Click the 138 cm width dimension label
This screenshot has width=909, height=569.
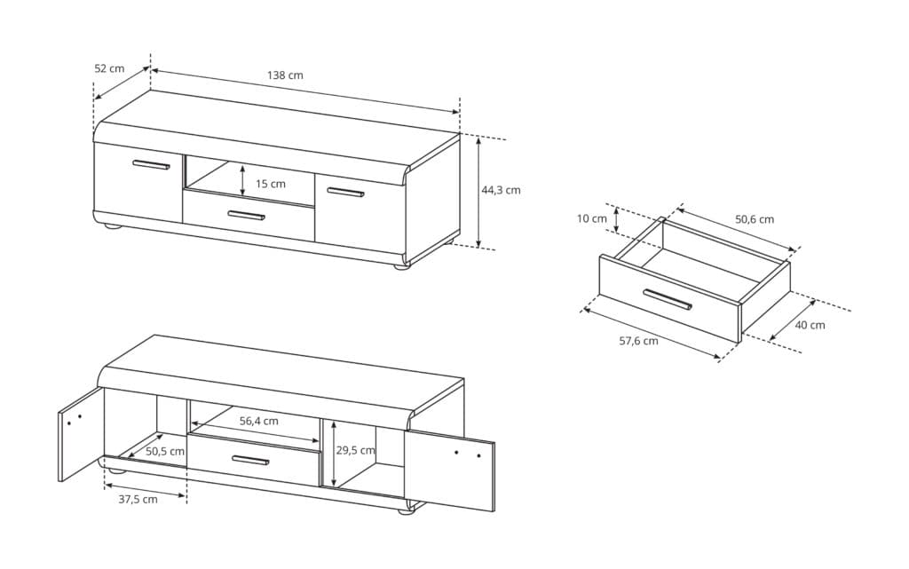click(x=285, y=75)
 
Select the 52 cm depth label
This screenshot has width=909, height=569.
click(x=109, y=68)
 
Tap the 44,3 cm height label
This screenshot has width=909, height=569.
click(x=501, y=189)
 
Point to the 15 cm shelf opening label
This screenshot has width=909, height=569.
click(x=271, y=184)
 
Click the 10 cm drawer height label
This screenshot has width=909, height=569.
click(x=592, y=218)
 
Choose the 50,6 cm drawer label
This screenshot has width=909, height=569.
click(x=755, y=219)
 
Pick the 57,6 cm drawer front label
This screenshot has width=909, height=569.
click(x=639, y=341)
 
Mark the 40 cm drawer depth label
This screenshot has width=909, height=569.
click(x=810, y=325)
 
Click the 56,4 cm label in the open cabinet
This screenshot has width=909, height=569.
click(x=259, y=422)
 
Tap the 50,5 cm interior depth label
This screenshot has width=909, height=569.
click(x=165, y=451)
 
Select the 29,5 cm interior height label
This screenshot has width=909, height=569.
click(x=355, y=450)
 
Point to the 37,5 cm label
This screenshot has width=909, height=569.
click(x=138, y=500)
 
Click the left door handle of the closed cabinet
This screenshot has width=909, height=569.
click(x=151, y=165)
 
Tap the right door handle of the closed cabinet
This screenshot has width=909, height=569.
click(x=345, y=192)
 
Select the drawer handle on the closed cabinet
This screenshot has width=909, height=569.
click(x=247, y=216)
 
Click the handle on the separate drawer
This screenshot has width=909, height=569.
click(x=668, y=299)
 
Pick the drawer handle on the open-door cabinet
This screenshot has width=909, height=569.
click(x=251, y=461)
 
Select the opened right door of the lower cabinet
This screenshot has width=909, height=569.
click(x=449, y=470)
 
